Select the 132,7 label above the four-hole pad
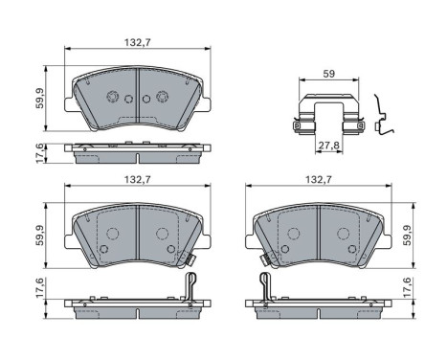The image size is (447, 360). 136,42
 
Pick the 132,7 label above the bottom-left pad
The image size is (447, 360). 136,180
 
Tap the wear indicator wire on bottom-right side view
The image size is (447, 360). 264,285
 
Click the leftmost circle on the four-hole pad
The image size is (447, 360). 112,97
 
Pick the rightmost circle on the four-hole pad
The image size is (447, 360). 161,97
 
